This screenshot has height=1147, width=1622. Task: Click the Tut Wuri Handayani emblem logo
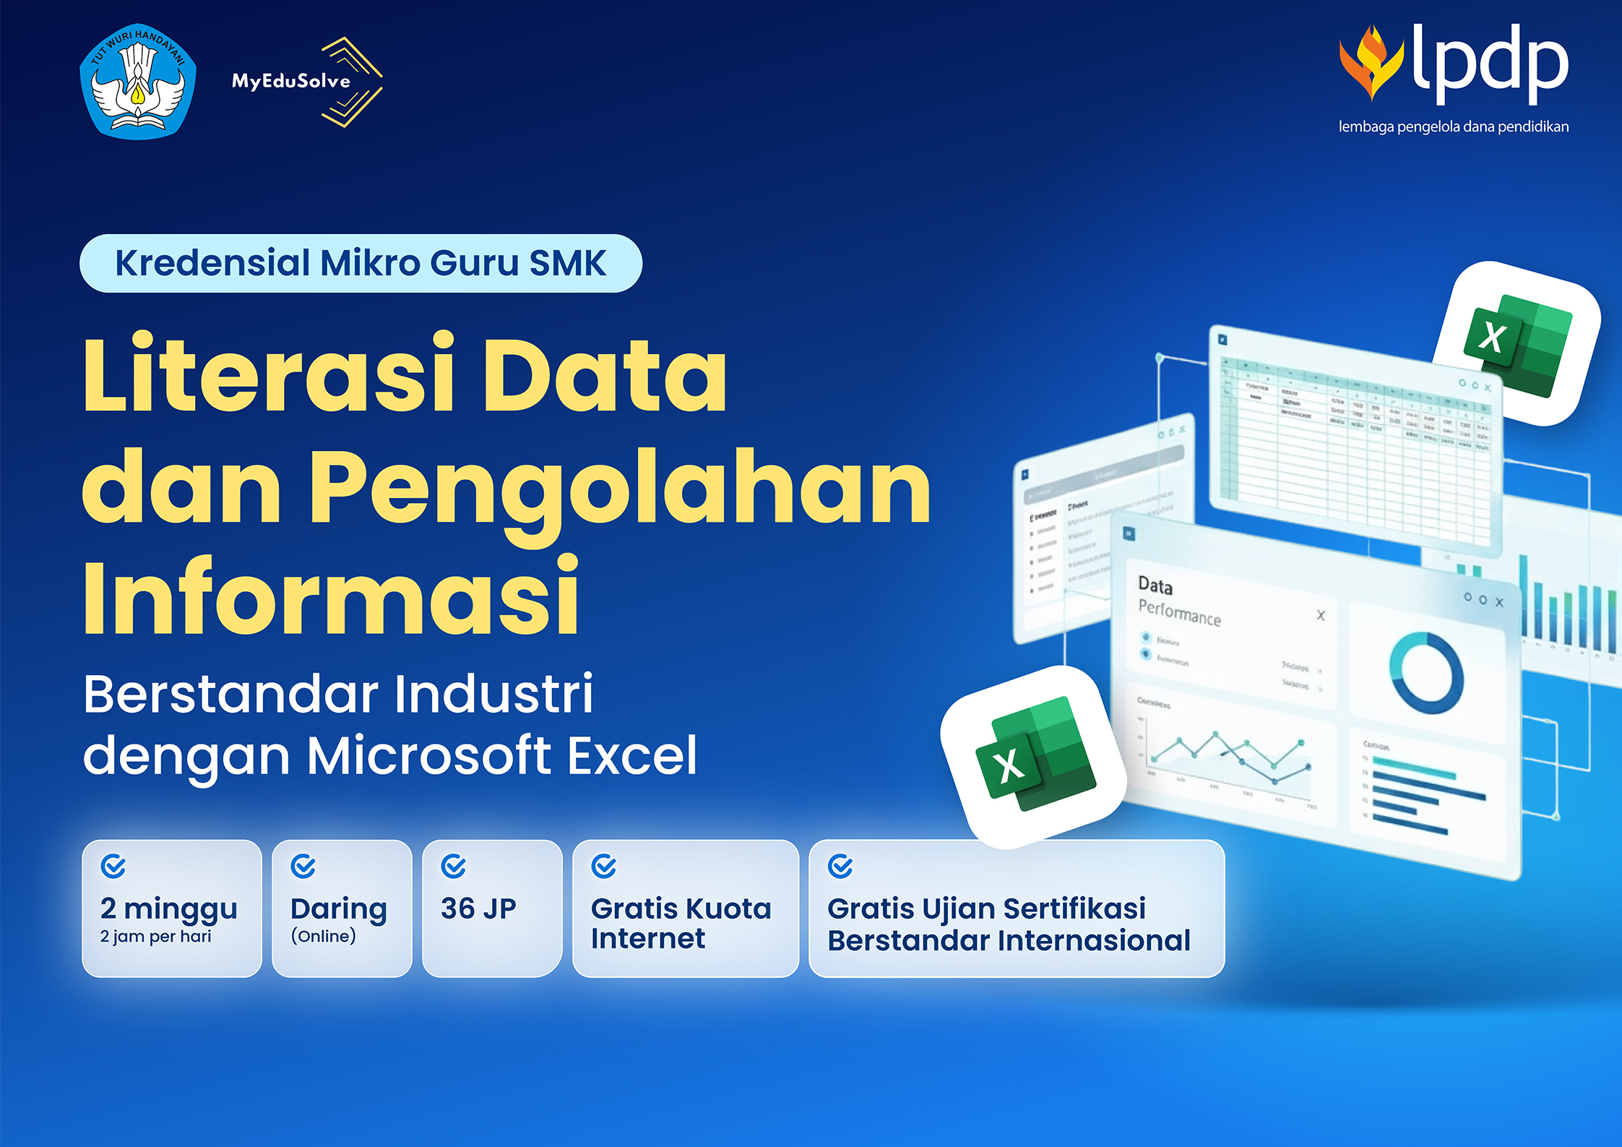point(137,82)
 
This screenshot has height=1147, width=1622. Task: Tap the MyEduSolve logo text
point(290,81)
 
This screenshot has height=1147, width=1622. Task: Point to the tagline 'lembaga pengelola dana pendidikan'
point(1453,127)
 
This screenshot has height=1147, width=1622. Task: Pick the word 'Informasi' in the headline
point(331,598)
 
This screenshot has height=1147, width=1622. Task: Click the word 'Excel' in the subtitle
point(632,755)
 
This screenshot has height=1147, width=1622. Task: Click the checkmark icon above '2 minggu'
point(113,866)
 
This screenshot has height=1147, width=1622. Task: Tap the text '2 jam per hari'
point(155,937)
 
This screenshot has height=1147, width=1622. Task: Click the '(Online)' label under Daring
point(323,937)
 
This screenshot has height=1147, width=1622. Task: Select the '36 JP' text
point(478,908)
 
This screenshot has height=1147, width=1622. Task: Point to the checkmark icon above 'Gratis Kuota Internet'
point(603,866)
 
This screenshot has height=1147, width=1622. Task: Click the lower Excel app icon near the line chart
point(1033,755)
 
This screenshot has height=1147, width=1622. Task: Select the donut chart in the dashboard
point(1426,672)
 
